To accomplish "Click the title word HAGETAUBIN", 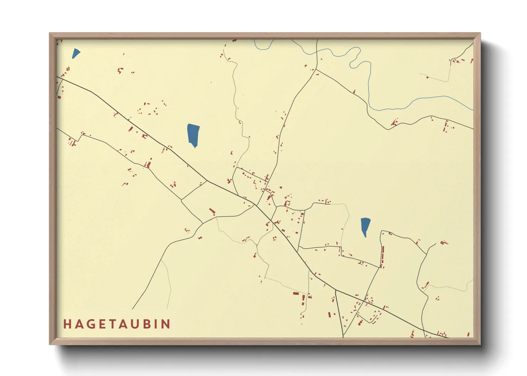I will pos(117,324).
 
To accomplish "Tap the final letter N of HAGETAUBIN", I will pos(166,324).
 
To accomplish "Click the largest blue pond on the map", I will pos(193,134).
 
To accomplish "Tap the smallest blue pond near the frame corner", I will pos(75,53).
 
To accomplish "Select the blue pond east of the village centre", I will pos(365,226).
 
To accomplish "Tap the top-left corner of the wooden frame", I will pos(50,33).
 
